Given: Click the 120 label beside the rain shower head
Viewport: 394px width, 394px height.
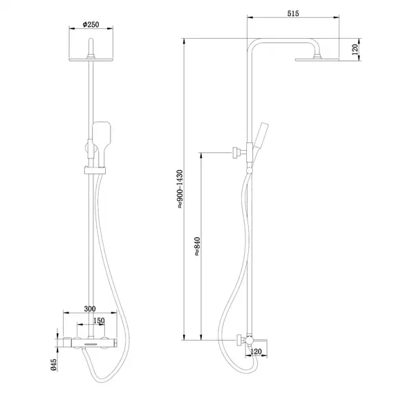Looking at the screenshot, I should pos(355,48).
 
